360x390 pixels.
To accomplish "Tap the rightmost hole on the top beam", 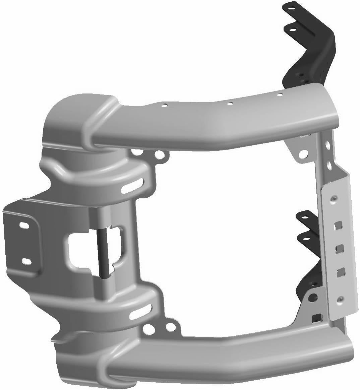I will [280, 95].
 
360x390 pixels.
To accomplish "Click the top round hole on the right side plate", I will [333, 200].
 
